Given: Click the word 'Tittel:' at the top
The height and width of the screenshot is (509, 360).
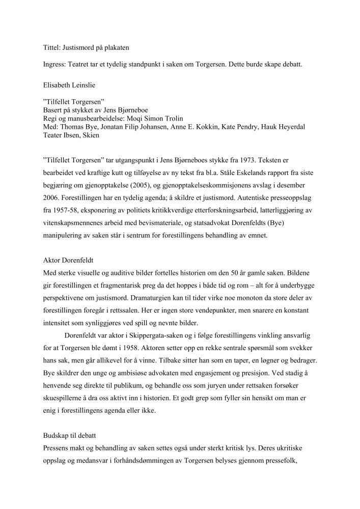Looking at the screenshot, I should (51, 48).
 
